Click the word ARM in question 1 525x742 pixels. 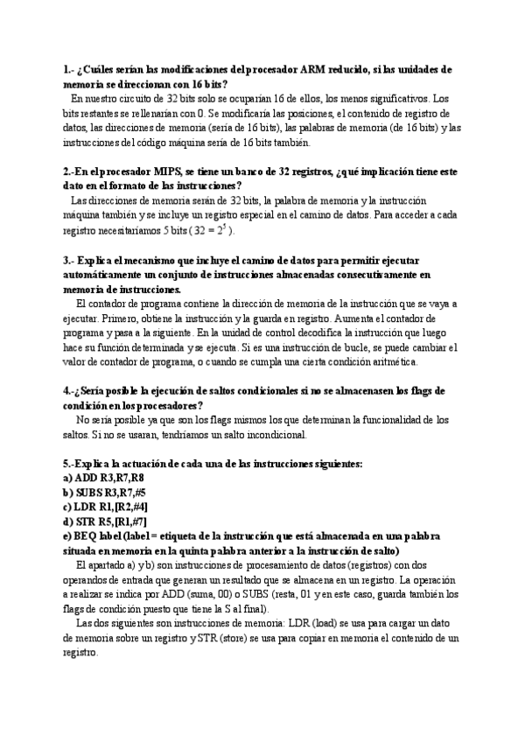(313, 69)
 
